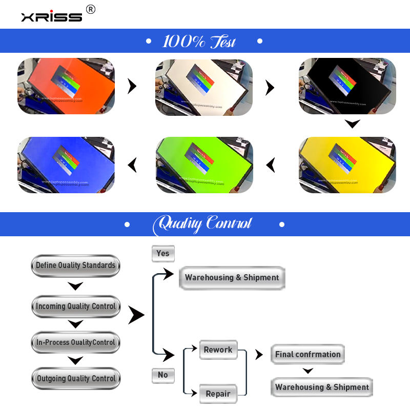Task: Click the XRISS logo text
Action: click(x=51, y=16)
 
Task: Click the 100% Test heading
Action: click(x=199, y=41)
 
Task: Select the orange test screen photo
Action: click(x=66, y=86)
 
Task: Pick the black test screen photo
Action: click(x=347, y=86)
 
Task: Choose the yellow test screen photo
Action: click(x=347, y=165)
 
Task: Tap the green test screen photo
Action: click(x=204, y=165)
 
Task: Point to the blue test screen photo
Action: click(x=66, y=165)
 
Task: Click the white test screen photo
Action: click(x=204, y=86)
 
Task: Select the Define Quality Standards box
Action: click(x=75, y=265)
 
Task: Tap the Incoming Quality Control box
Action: click(x=75, y=306)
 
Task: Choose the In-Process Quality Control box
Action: click(x=75, y=342)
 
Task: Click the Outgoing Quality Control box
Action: click(x=75, y=379)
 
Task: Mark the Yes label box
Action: click(x=163, y=253)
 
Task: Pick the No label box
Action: click(x=163, y=375)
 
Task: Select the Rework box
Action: click(x=218, y=350)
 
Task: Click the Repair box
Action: click(x=218, y=394)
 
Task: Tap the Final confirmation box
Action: click(x=307, y=354)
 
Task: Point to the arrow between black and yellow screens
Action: click(x=352, y=124)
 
